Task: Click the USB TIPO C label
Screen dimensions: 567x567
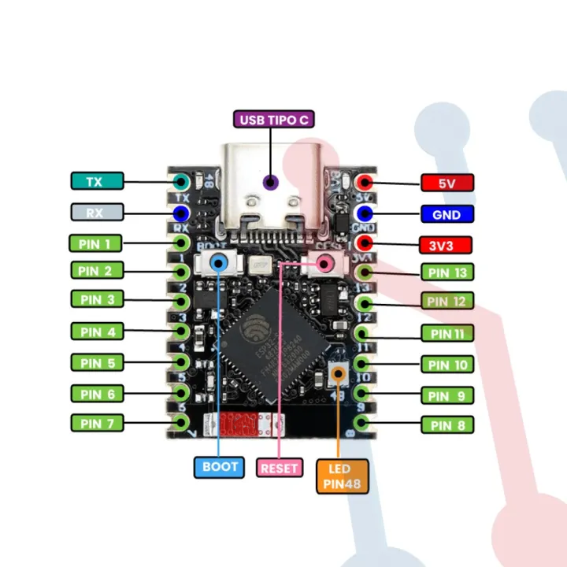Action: coord(274,120)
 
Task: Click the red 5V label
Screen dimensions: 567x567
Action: coord(447,183)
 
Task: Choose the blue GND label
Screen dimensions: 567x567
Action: coord(447,213)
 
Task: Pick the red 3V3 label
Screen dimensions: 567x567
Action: coord(447,244)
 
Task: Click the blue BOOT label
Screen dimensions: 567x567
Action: coord(220,466)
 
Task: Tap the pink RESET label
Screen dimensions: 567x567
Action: coord(280,468)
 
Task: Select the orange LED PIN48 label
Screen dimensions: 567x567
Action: coord(342,476)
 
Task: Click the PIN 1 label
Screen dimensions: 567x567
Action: coord(97,243)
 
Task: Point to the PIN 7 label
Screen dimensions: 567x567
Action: coord(97,424)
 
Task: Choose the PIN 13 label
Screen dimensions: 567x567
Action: coord(447,273)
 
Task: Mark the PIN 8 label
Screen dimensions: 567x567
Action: coord(447,425)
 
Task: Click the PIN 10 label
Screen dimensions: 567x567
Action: coord(447,365)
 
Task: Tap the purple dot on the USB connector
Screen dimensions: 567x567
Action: coord(270,183)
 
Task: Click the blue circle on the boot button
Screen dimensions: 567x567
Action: coord(220,262)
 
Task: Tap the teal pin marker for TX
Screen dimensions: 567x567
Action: coord(181,181)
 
